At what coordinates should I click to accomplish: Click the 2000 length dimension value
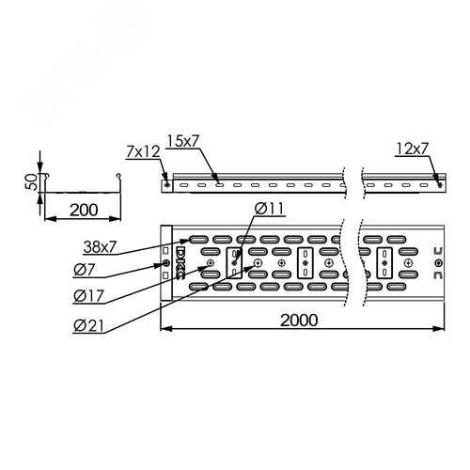click(x=299, y=320)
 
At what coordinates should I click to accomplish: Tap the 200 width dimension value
click(x=84, y=210)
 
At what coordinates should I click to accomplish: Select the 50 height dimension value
click(x=31, y=182)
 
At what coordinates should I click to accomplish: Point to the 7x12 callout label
click(x=143, y=151)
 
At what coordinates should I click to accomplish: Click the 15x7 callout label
click(x=183, y=141)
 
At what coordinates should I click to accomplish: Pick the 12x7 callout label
click(x=412, y=149)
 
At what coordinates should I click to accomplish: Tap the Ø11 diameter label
click(x=269, y=209)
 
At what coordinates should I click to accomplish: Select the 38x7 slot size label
click(x=100, y=247)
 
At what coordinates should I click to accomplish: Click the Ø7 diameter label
click(x=84, y=270)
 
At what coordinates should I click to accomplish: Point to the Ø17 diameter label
click(x=88, y=296)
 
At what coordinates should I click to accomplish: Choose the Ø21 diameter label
click(x=88, y=326)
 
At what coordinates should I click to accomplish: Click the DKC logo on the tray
click(x=181, y=263)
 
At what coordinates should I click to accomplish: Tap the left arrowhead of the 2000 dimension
click(x=164, y=329)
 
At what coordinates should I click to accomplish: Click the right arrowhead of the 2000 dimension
click(x=440, y=329)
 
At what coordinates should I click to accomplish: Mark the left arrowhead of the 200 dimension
click(x=50, y=219)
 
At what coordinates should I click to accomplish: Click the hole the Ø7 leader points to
click(x=166, y=263)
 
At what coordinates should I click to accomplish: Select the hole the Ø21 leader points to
click(x=258, y=263)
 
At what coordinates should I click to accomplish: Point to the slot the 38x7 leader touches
click(x=198, y=240)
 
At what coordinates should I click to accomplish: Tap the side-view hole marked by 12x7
click(x=440, y=184)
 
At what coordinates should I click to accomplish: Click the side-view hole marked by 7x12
click(x=166, y=185)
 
